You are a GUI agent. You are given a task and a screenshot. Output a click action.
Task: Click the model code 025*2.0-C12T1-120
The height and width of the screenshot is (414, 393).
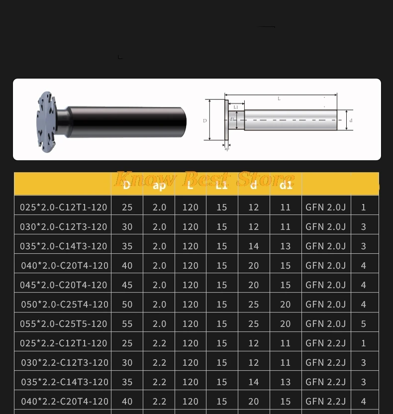(x=63, y=207)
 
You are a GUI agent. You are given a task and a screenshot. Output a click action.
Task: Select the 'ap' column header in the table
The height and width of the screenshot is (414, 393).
(x=159, y=186)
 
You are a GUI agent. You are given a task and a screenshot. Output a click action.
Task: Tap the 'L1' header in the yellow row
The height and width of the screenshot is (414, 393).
(x=222, y=186)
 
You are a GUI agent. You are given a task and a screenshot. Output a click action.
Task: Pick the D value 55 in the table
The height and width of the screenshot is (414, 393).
(x=127, y=323)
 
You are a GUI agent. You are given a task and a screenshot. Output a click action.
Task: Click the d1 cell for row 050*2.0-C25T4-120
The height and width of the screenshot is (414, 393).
(x=285, y=304)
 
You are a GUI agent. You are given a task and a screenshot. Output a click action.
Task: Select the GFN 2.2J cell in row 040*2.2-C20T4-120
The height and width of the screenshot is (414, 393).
(x=325, y=401)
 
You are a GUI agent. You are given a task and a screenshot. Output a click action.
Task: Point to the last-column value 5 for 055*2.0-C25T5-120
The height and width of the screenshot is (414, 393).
(x=363, y=323)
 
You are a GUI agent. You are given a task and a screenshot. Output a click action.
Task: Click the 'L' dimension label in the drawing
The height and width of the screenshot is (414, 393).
(x=279, y=99)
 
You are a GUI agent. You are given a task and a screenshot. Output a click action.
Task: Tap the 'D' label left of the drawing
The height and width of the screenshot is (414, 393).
(x=205, y=121)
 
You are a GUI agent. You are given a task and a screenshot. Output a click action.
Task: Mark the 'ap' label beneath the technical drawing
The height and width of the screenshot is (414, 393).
(x=227, y=149)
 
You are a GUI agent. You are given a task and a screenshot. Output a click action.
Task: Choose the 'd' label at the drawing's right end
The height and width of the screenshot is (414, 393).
(x=351, y=120)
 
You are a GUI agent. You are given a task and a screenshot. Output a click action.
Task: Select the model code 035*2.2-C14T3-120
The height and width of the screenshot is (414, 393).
(x=64, y=382)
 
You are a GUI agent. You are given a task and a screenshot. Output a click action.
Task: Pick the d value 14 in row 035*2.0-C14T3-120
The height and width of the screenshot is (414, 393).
(x=253, y=246)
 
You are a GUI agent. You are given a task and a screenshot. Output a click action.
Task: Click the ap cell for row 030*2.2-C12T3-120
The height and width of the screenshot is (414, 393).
(x=159, y=362)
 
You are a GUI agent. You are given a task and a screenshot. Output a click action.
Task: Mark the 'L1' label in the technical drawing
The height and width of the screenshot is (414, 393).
(x=236, y=107)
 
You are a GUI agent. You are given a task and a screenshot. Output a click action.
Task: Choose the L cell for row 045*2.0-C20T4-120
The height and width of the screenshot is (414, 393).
(x=190, y=285)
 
